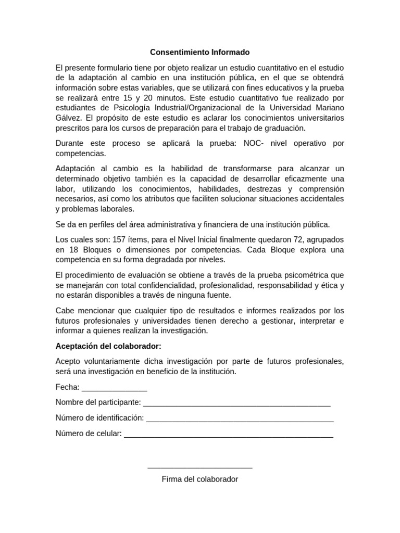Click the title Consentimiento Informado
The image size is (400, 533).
coord(200,53)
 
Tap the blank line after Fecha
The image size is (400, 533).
coord(115,388)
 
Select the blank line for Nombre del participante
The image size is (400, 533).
coord(236,404)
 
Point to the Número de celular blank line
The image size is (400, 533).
coord(229,435)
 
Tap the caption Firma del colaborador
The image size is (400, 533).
coord(200,479)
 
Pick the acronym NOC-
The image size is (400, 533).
coord(254,143)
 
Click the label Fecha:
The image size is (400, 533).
coord(68,387)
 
